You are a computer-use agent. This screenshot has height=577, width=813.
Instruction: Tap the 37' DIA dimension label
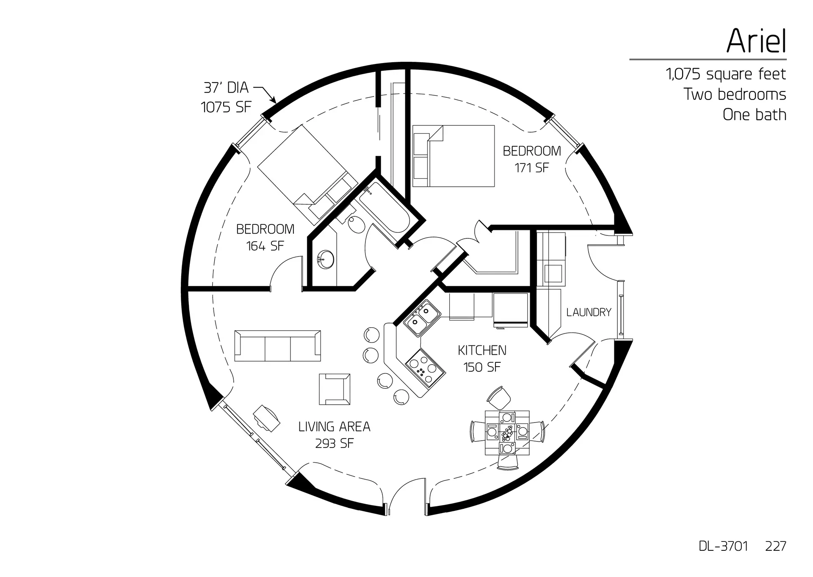pos(226,88)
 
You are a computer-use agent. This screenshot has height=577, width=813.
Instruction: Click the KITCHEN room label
pos(482,351)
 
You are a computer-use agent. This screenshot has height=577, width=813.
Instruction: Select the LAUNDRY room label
pos(589,312)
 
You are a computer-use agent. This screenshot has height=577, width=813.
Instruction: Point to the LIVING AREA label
pos(334,427)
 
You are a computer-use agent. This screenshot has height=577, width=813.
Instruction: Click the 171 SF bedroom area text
pos(531,168)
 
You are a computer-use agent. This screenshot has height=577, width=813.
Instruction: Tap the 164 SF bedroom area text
pos(265,246)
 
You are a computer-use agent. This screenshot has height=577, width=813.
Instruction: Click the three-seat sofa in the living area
pos(277,346)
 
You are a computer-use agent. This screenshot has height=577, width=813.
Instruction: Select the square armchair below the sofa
pos(335,389)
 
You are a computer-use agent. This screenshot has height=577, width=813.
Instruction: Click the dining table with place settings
pos(507,432)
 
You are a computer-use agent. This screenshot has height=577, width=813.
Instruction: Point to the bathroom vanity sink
pos(326,259)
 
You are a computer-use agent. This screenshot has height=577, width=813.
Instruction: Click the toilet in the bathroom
pos(357,224)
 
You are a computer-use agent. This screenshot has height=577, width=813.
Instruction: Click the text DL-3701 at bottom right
pos(723,546)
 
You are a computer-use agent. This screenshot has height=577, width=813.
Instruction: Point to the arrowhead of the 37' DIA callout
pos(274,102)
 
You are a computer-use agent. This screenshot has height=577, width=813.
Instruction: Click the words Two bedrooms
pos(735,94)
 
